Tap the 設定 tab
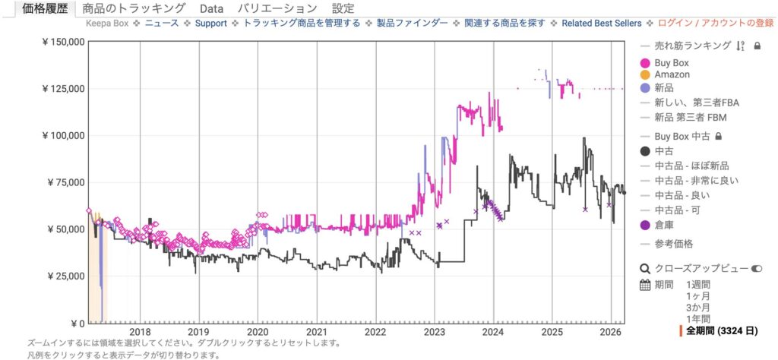click(x=343, y=8)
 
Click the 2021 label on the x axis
click(x=316, y=332)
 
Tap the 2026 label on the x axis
click(x=611, y=332)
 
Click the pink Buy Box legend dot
click(x=646, y=63)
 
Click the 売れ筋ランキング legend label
click(x=692, y=46)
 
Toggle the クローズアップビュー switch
click(x=756, y=269)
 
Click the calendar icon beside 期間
click(x=646, y=286)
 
